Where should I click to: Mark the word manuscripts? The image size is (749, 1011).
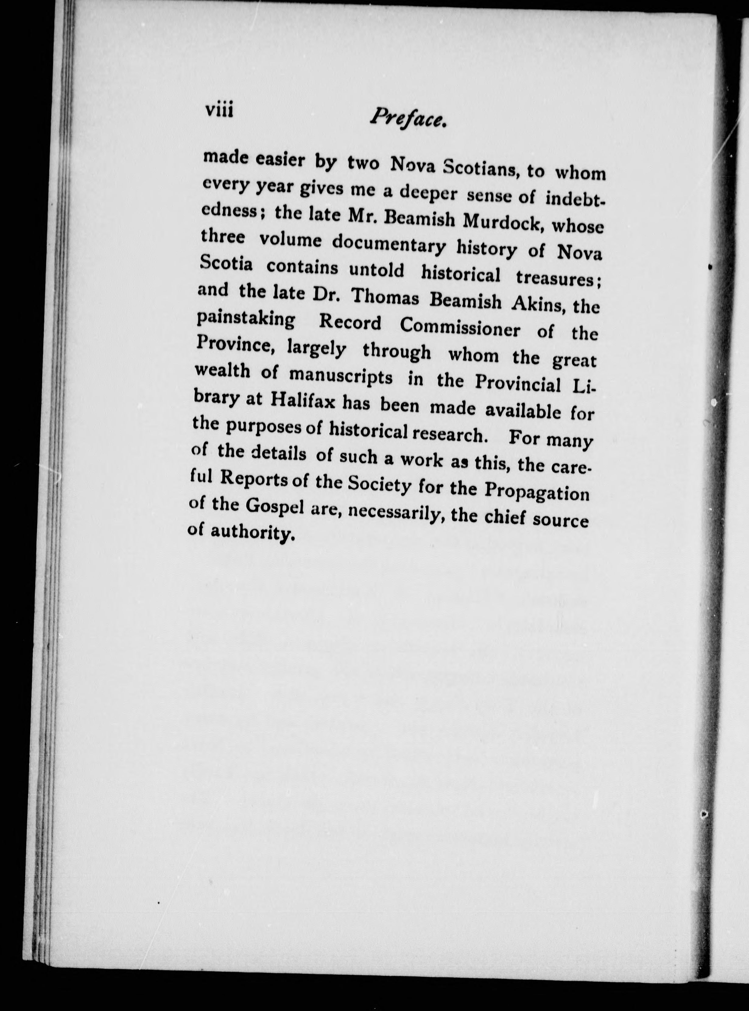(x=340, y=376)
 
